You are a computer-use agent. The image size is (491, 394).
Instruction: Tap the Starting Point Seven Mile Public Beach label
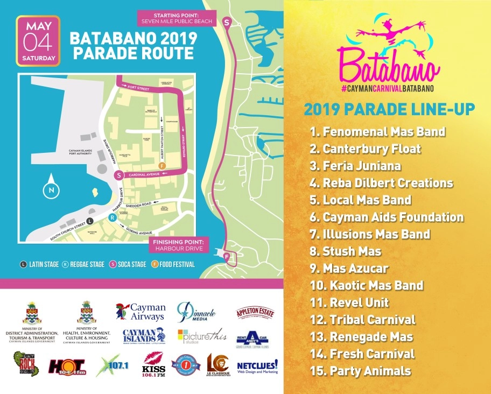point(176,18)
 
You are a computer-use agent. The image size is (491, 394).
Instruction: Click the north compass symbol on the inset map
point(50,189)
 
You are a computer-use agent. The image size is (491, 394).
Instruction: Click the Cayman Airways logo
point(140,311)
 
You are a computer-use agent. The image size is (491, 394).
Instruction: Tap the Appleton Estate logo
point(252,312)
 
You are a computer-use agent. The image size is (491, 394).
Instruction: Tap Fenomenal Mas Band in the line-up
point(377,131)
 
